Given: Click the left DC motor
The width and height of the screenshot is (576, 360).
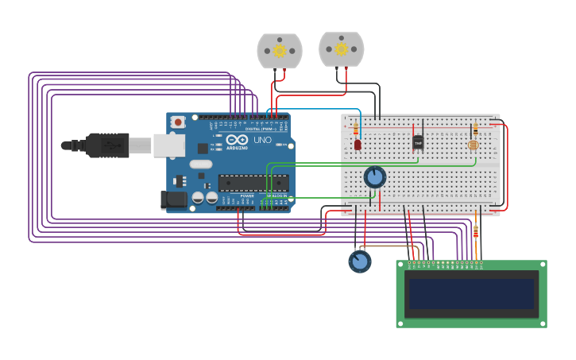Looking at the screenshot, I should pyautogui.click(x=280, y=51).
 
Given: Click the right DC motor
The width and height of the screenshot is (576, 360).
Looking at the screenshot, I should pyautogui.click(x=342, y=49).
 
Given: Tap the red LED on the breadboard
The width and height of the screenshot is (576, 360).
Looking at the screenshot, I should pyautogui.click(x=358, y=145).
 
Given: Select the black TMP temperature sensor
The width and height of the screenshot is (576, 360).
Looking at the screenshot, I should pyautogui.click(x=418, y=142).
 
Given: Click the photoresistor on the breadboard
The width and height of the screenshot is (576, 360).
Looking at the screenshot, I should pyautogui.click(x=474, y=145).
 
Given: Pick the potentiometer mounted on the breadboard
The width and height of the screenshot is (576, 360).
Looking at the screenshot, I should pyautogui.click(x=374, y=176).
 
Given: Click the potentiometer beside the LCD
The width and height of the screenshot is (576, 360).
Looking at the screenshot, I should pyautogui.click(x=359, y=261).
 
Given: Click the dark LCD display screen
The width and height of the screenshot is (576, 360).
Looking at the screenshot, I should pyautogui.click(x=471, y=293).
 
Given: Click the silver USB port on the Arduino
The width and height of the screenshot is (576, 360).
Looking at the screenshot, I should pyautogui.click(x=168, y=145).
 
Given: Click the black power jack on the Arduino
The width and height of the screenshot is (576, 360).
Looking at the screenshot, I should pyautogui.click(x=173, y=200).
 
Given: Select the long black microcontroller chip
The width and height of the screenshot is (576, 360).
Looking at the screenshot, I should pyautogui.click(x=253, y=183).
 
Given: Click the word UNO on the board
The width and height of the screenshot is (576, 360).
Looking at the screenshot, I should pyautogui.click(x=262, y=141).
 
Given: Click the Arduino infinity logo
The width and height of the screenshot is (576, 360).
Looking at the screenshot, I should pyautogui.click(x=236, y=140).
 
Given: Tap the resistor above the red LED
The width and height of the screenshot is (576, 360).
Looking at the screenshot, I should pyautogui.click(x=356, y=128).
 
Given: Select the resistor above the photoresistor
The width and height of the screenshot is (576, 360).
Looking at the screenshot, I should pyautogui.click(x=475, y=128).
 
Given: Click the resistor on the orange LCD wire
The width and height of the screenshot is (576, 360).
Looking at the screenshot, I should pyautogui.click(x=476, y=231).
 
